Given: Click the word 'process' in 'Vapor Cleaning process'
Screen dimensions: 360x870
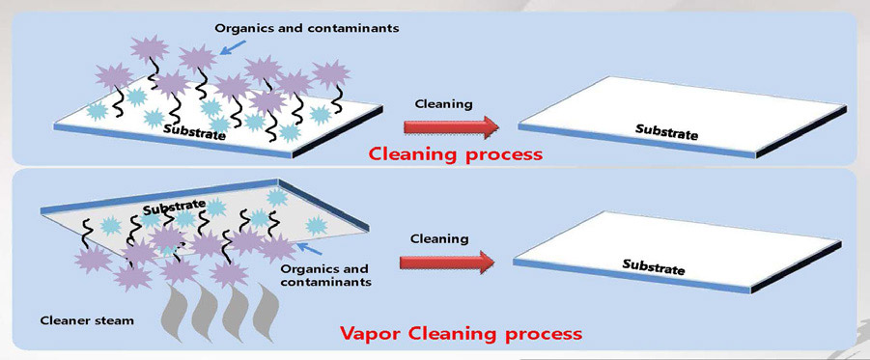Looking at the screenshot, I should point(535,334).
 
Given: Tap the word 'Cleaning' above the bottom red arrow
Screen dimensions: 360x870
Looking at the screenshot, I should point(439,237).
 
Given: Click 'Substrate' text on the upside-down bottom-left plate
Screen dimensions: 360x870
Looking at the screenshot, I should point(175,205).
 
